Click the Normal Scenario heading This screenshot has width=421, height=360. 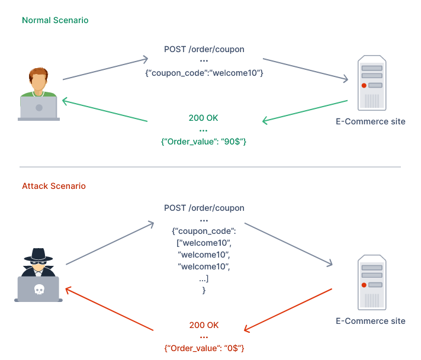55,20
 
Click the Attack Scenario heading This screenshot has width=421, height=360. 54,186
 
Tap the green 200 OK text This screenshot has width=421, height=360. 203,118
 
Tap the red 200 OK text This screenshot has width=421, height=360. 204,325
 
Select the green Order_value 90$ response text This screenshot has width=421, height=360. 203,142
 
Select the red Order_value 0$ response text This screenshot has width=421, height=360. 204,349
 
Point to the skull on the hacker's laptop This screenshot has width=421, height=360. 38,290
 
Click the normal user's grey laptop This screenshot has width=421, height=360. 38,108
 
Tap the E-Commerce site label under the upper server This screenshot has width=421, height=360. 370,121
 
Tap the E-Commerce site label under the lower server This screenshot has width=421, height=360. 370,321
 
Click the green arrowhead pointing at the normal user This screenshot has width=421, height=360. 65,101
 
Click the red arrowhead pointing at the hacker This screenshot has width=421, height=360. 68,289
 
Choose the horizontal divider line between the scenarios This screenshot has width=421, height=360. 210,167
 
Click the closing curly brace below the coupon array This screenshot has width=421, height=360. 204,291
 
